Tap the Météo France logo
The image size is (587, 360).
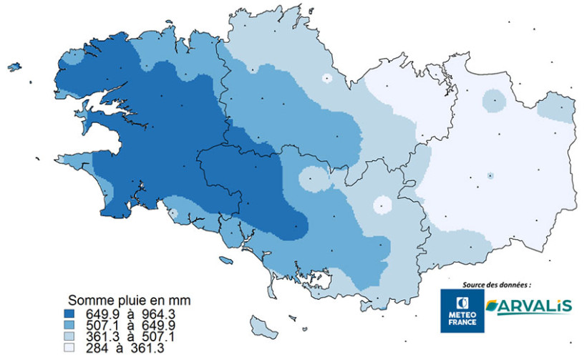point(462,310)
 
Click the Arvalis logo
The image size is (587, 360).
point(529,306)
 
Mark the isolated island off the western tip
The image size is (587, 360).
point(14,67)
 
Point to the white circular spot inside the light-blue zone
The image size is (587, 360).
point(382,205)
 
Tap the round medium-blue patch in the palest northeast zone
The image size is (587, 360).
point(493,101)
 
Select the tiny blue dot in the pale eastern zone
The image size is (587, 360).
point(490,175)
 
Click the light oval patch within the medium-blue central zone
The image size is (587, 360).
point(311,179)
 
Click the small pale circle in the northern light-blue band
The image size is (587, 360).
point(326,79)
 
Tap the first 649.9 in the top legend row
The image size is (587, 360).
point(102,313)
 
